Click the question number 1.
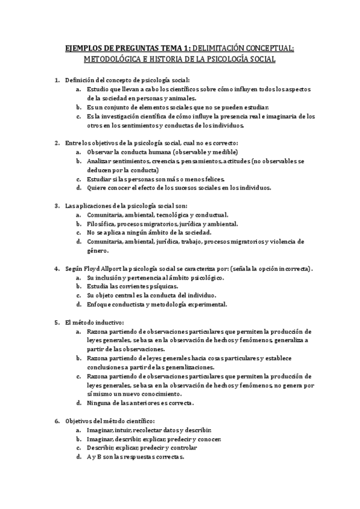[x=57, y=80]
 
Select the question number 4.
[x=57, y=270]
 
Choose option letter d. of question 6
[x=79, y=456]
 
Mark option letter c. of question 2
[x=79, y=179]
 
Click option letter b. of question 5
[x=79, y=358]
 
